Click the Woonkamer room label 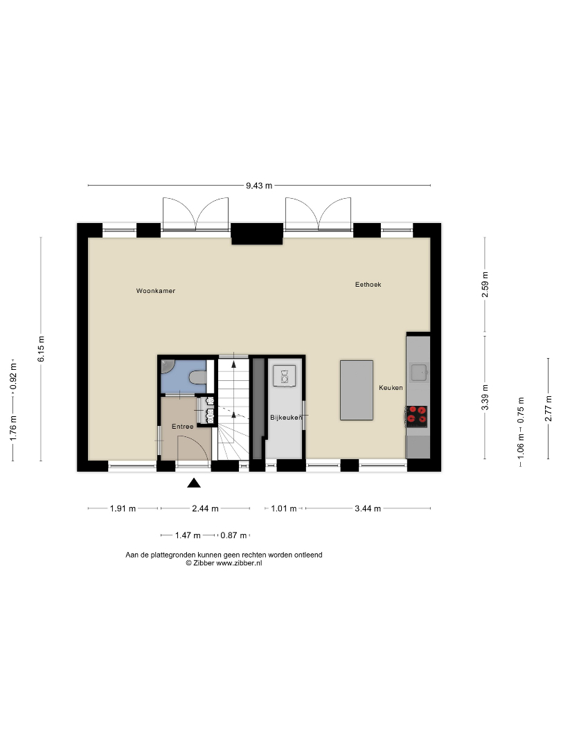(x=156, y=290)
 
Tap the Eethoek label (x=368, y=285)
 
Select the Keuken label (x=391, y=387)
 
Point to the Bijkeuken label (x=286, y=418)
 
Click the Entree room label (x=183, y=427)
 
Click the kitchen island (x=357, y=390)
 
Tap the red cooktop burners (x=416, y=416)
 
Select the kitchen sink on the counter (x=419, y=372)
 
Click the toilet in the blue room (x=198, y=378)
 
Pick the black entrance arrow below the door (x=194, y=483)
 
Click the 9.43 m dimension (x=259, y=186)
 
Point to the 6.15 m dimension (x=41, y=348)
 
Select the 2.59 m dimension (x=485, y=285)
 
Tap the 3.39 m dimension (x=485, y=398)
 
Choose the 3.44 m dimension (x=368, y=508)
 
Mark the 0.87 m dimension (x=234, y=535)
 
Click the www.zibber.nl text (x=239, y=563)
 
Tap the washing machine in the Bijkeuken (x=285, y=376)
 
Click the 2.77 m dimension (x=549, y=409)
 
